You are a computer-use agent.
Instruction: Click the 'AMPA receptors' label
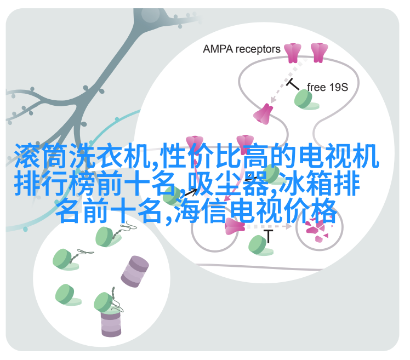241,49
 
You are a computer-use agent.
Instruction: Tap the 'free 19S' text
327,87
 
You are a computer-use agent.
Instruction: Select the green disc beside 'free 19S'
304,99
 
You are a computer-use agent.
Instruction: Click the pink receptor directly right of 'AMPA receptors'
293,53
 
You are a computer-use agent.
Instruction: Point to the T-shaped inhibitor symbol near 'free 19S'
292,84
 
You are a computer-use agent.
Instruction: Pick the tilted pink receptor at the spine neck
263,114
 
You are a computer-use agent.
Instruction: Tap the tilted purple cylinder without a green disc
135,271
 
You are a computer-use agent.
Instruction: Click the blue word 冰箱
306,183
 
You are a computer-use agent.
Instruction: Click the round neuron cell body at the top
150,14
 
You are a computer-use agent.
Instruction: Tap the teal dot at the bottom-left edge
25,229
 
